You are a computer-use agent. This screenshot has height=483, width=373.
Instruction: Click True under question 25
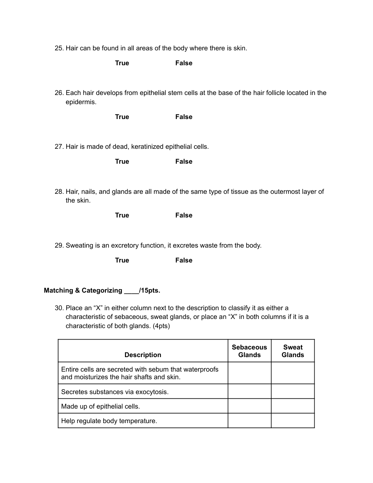pos(122,63)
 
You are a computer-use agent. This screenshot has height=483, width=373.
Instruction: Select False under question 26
pos(184,117)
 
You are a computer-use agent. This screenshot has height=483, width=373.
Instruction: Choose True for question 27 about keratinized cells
pos(122,161)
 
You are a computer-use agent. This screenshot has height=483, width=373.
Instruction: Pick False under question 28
pos(184,215)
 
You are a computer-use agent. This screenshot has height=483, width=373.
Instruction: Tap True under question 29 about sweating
pos(122,260)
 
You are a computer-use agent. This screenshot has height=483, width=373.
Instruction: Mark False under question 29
pos(184,260)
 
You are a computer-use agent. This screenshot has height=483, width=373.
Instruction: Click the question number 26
pos(59,93)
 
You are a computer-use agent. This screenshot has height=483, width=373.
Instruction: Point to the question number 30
pos(59,308)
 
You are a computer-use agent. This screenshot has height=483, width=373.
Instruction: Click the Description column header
pos(143,355)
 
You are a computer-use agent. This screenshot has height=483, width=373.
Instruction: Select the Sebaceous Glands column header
pos(250,351)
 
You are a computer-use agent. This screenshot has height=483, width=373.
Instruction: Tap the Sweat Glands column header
pos(293,351)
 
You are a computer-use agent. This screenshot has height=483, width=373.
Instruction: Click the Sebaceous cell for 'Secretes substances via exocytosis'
pos(250,391)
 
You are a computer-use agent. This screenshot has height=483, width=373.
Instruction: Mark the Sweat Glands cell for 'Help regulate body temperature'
pos(293,421)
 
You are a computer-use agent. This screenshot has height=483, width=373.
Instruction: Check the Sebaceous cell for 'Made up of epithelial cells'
pos(250,406)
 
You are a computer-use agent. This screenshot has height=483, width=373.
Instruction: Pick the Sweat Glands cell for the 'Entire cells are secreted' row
pos(293,373)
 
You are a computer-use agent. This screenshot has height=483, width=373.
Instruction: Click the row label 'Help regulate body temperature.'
pos(109,421)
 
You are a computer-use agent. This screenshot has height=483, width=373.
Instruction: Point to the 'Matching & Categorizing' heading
pos(83,290)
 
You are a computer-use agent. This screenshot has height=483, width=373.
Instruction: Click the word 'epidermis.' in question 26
pos(81,102)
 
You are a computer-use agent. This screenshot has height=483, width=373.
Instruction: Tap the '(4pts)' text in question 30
pos(161,326)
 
